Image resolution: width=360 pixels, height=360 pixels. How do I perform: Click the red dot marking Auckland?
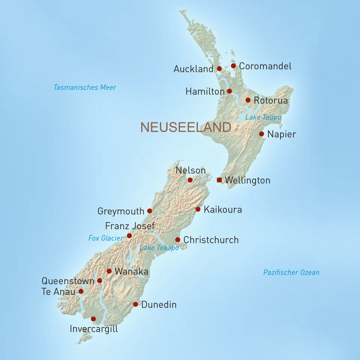[x=219, y=69]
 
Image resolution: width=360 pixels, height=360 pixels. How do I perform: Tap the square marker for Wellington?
[x=219, y=180]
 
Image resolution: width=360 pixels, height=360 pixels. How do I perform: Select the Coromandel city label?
[x=265, y=66]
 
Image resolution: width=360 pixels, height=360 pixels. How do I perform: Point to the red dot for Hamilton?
[x=229, y=91]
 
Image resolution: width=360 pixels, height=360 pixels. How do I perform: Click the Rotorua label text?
[x=270, y=100]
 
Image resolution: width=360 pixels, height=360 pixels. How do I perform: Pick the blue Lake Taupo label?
[x=263, y=117]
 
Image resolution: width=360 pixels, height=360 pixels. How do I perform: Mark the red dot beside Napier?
[x=261, y=134]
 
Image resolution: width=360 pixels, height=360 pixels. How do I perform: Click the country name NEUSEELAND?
[x=186, y=127]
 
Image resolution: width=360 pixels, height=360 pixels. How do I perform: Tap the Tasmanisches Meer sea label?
[x=85, y=87]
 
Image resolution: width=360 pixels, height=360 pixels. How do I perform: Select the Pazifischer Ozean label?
[x=291, y=273]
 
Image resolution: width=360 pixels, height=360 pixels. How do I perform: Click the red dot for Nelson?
[x=190, y=180]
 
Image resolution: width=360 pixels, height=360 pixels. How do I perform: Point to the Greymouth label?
[x=121, y=211]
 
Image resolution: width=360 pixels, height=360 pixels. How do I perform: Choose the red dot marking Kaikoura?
[x=198, y=209]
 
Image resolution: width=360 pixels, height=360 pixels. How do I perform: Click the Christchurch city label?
[x=211, y=240]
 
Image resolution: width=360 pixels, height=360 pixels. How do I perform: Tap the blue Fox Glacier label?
[x=106, y=238]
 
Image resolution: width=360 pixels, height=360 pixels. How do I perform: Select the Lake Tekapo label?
[x=159, y=248]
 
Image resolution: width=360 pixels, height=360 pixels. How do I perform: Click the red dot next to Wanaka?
[x=109, y=271]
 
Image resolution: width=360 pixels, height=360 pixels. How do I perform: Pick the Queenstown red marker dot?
[x=99, y=280]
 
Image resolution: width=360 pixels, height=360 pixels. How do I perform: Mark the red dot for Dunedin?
[x=135, y=304]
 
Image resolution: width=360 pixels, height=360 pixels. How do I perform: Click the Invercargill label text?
[x=94, y=329]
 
